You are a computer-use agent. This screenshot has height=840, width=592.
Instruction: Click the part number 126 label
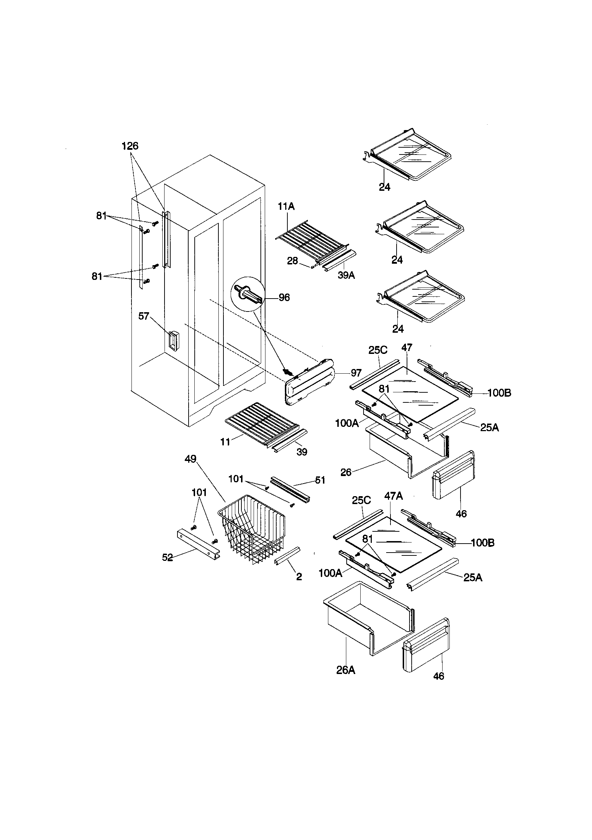(x=130, y=146)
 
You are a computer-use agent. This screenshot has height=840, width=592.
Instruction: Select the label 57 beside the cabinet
(x=143, y=316)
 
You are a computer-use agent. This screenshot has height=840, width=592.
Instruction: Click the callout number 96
(x=284, y=297)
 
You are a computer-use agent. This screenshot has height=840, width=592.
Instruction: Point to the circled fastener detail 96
(x=249, y=294)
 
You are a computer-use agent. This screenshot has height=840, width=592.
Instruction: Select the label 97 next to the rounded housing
(x=356, y=373)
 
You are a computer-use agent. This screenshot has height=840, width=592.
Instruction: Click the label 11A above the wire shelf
(x=286, y=207)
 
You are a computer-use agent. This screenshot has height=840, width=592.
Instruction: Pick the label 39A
(x=346, y=276)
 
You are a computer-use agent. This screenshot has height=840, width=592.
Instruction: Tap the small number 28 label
(x=292, y=261)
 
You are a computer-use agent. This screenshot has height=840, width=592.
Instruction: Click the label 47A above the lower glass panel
(x=394, y=496)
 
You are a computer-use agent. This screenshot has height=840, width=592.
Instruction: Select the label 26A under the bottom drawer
(x=346, y=670)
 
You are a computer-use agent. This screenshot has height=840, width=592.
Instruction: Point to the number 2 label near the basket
(x=299, y=577)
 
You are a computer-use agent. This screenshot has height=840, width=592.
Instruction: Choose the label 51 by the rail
(x=320, y=480)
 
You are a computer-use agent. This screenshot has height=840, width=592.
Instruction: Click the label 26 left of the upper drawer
(x=346, y=472)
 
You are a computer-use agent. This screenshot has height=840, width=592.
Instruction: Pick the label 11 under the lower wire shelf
(x=225, y=442)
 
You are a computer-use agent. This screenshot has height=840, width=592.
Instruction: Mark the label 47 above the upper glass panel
(x=407, y=347)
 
